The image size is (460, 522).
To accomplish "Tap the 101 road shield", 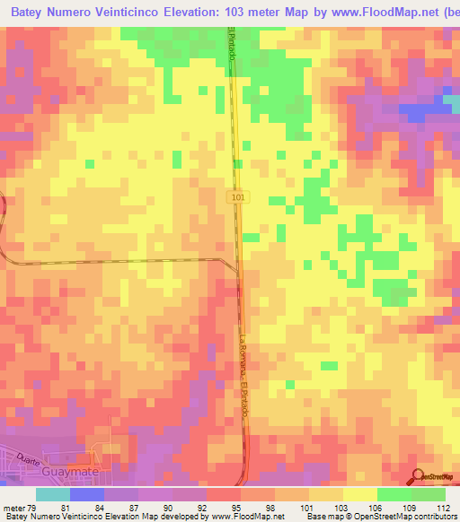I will click(x=236, y=196).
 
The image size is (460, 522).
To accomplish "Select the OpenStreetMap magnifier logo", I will click(x=418, y=477).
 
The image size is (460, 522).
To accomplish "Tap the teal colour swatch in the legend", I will click(x=53, y=494).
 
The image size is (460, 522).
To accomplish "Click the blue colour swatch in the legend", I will click(x=87, y=494).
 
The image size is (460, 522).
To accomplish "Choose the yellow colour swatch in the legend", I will click(x=360, y=494).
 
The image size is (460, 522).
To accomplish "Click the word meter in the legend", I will click(x=12, y=507).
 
